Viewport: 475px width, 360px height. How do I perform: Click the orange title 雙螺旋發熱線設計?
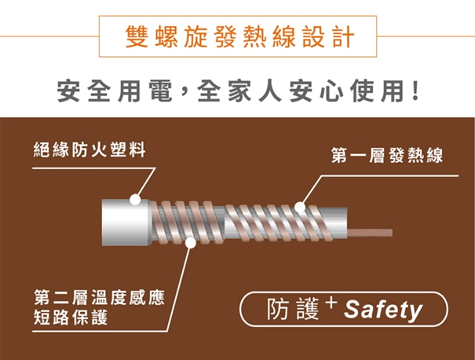[239, 37]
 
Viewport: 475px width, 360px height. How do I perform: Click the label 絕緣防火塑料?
[89, 150]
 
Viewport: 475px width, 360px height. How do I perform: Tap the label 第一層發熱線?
[387, 155]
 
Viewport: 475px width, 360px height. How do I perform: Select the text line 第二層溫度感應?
[99, 297]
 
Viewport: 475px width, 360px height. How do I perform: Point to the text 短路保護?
[70, 318]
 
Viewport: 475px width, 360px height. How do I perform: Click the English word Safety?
[383, 310]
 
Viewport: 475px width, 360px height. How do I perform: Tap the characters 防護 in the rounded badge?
[293, 309]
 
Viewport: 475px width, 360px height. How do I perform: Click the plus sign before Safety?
[332, 302]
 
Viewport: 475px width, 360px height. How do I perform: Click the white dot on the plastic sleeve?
[135, 200]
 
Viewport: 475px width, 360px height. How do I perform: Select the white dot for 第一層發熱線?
[300, 207]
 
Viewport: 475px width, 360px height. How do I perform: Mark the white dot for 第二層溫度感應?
[191, 242]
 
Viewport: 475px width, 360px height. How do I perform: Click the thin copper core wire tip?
[392, 233]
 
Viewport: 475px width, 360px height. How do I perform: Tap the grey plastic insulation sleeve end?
[126, 222]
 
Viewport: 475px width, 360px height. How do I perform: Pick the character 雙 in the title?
[136, 37]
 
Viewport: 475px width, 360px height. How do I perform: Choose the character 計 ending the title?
[343, 37]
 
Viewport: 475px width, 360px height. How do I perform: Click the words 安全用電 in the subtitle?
[115, 91]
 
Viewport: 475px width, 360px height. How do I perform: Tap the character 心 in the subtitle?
[331, 91]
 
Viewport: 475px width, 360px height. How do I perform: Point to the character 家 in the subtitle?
[239, 91]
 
